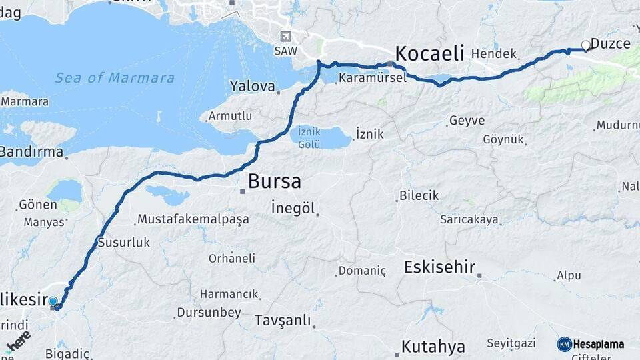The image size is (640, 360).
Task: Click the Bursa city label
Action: (x=274, y=181)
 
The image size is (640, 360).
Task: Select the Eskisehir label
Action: (x=439, y=267)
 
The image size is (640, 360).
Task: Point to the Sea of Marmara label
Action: (x=115, y=78)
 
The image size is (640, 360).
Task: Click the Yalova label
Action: (x=252, y=86)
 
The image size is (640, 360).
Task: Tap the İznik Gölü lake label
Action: (x=309, y=137)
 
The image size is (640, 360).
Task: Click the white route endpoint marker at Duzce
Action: (x=586, y=45)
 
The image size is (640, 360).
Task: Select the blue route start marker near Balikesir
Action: (x=53, y=301)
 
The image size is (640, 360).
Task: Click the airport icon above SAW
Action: (x=286, y=36)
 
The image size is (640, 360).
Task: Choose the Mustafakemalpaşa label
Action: (x=192, y=219)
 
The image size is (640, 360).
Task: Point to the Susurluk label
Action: (x=123, y=243)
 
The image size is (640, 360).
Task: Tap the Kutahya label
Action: (x=433, y=347)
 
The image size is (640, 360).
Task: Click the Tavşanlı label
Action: (x=283, y=321)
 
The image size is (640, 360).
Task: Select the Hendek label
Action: (x=494, y=53)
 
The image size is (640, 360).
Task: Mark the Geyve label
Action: (x=467, y=121)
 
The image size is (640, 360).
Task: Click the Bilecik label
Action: (x=419, y=195)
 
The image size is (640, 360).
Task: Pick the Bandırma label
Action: (x=31, y=152)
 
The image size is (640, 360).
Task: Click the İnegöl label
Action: (x=293, y=208)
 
